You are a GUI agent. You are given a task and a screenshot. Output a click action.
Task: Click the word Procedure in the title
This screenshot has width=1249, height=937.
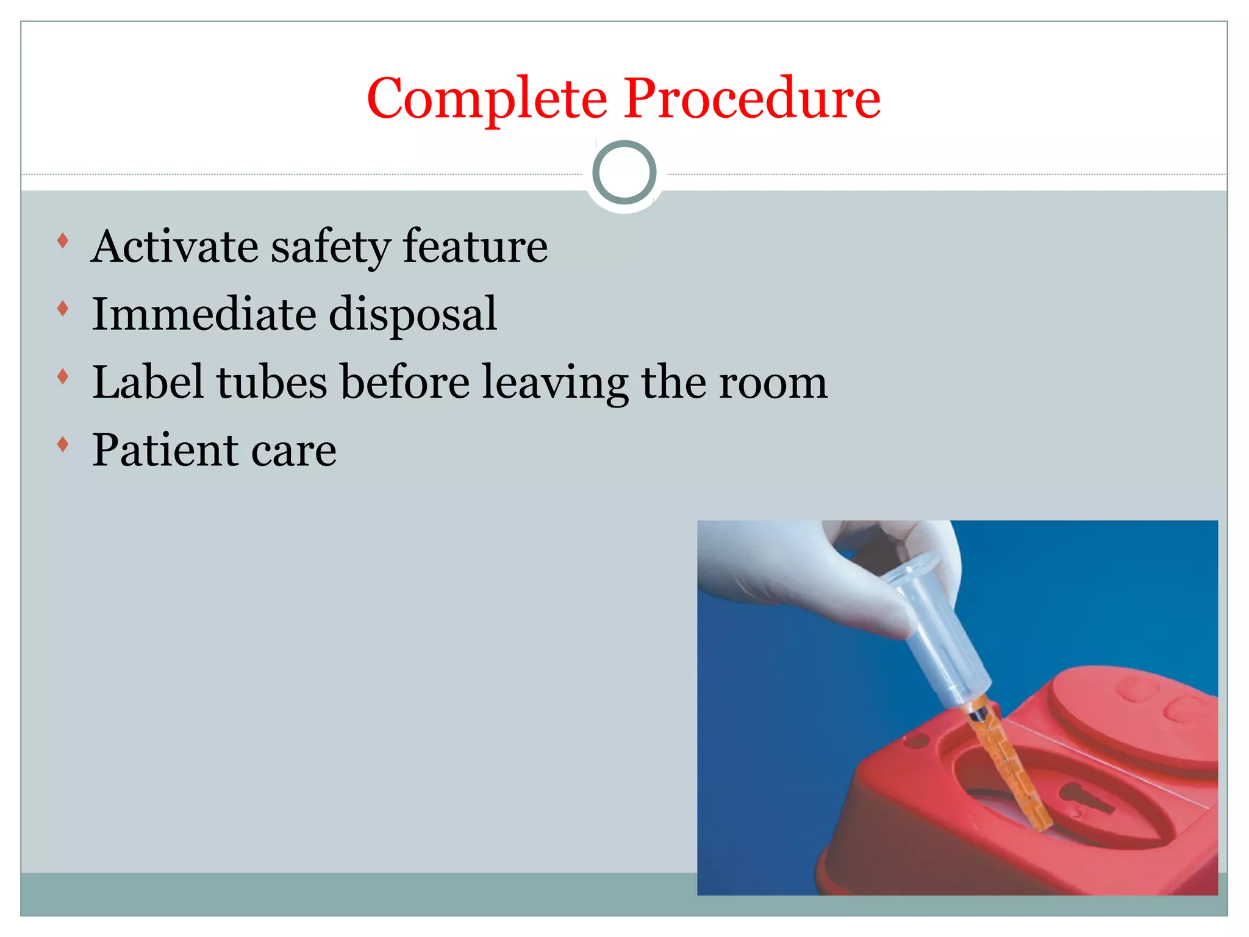tap(751, 99)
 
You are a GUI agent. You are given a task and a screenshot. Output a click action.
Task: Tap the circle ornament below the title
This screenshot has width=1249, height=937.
tap(624, 173)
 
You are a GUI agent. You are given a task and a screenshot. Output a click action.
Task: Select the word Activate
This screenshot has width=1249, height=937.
tap(174, 247)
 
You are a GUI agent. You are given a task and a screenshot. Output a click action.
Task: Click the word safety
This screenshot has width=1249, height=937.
tap(330, 247)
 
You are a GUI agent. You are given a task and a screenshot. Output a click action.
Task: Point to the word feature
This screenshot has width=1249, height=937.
tap(475, 247)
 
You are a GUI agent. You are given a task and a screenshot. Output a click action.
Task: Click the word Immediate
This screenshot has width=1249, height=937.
tap(204, 315)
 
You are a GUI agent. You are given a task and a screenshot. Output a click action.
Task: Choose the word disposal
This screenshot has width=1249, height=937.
tap(413, 315)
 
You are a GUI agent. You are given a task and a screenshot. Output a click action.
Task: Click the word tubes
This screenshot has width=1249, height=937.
tap(272, 383)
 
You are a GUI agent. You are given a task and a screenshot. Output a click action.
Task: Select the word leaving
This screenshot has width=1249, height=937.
tap(555, 383)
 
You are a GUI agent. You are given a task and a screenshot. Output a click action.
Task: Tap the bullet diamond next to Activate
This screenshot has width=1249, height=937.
tap(62, 240)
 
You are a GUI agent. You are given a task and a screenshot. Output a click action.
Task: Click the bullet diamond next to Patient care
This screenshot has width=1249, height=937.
tap(62, 444)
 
